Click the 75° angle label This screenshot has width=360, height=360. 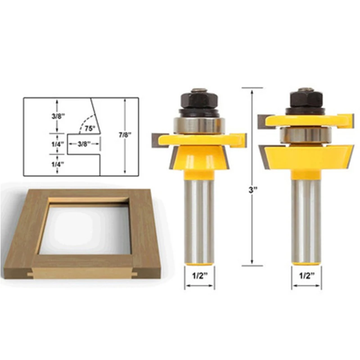click(x=90, y=128)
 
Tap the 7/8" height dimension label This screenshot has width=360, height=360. click(x=125, y=135)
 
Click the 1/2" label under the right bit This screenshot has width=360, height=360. click(x=306, y=276)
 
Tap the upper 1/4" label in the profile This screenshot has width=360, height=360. click(x=58, y=144)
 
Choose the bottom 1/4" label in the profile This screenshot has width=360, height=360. click(x=58, y=164)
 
